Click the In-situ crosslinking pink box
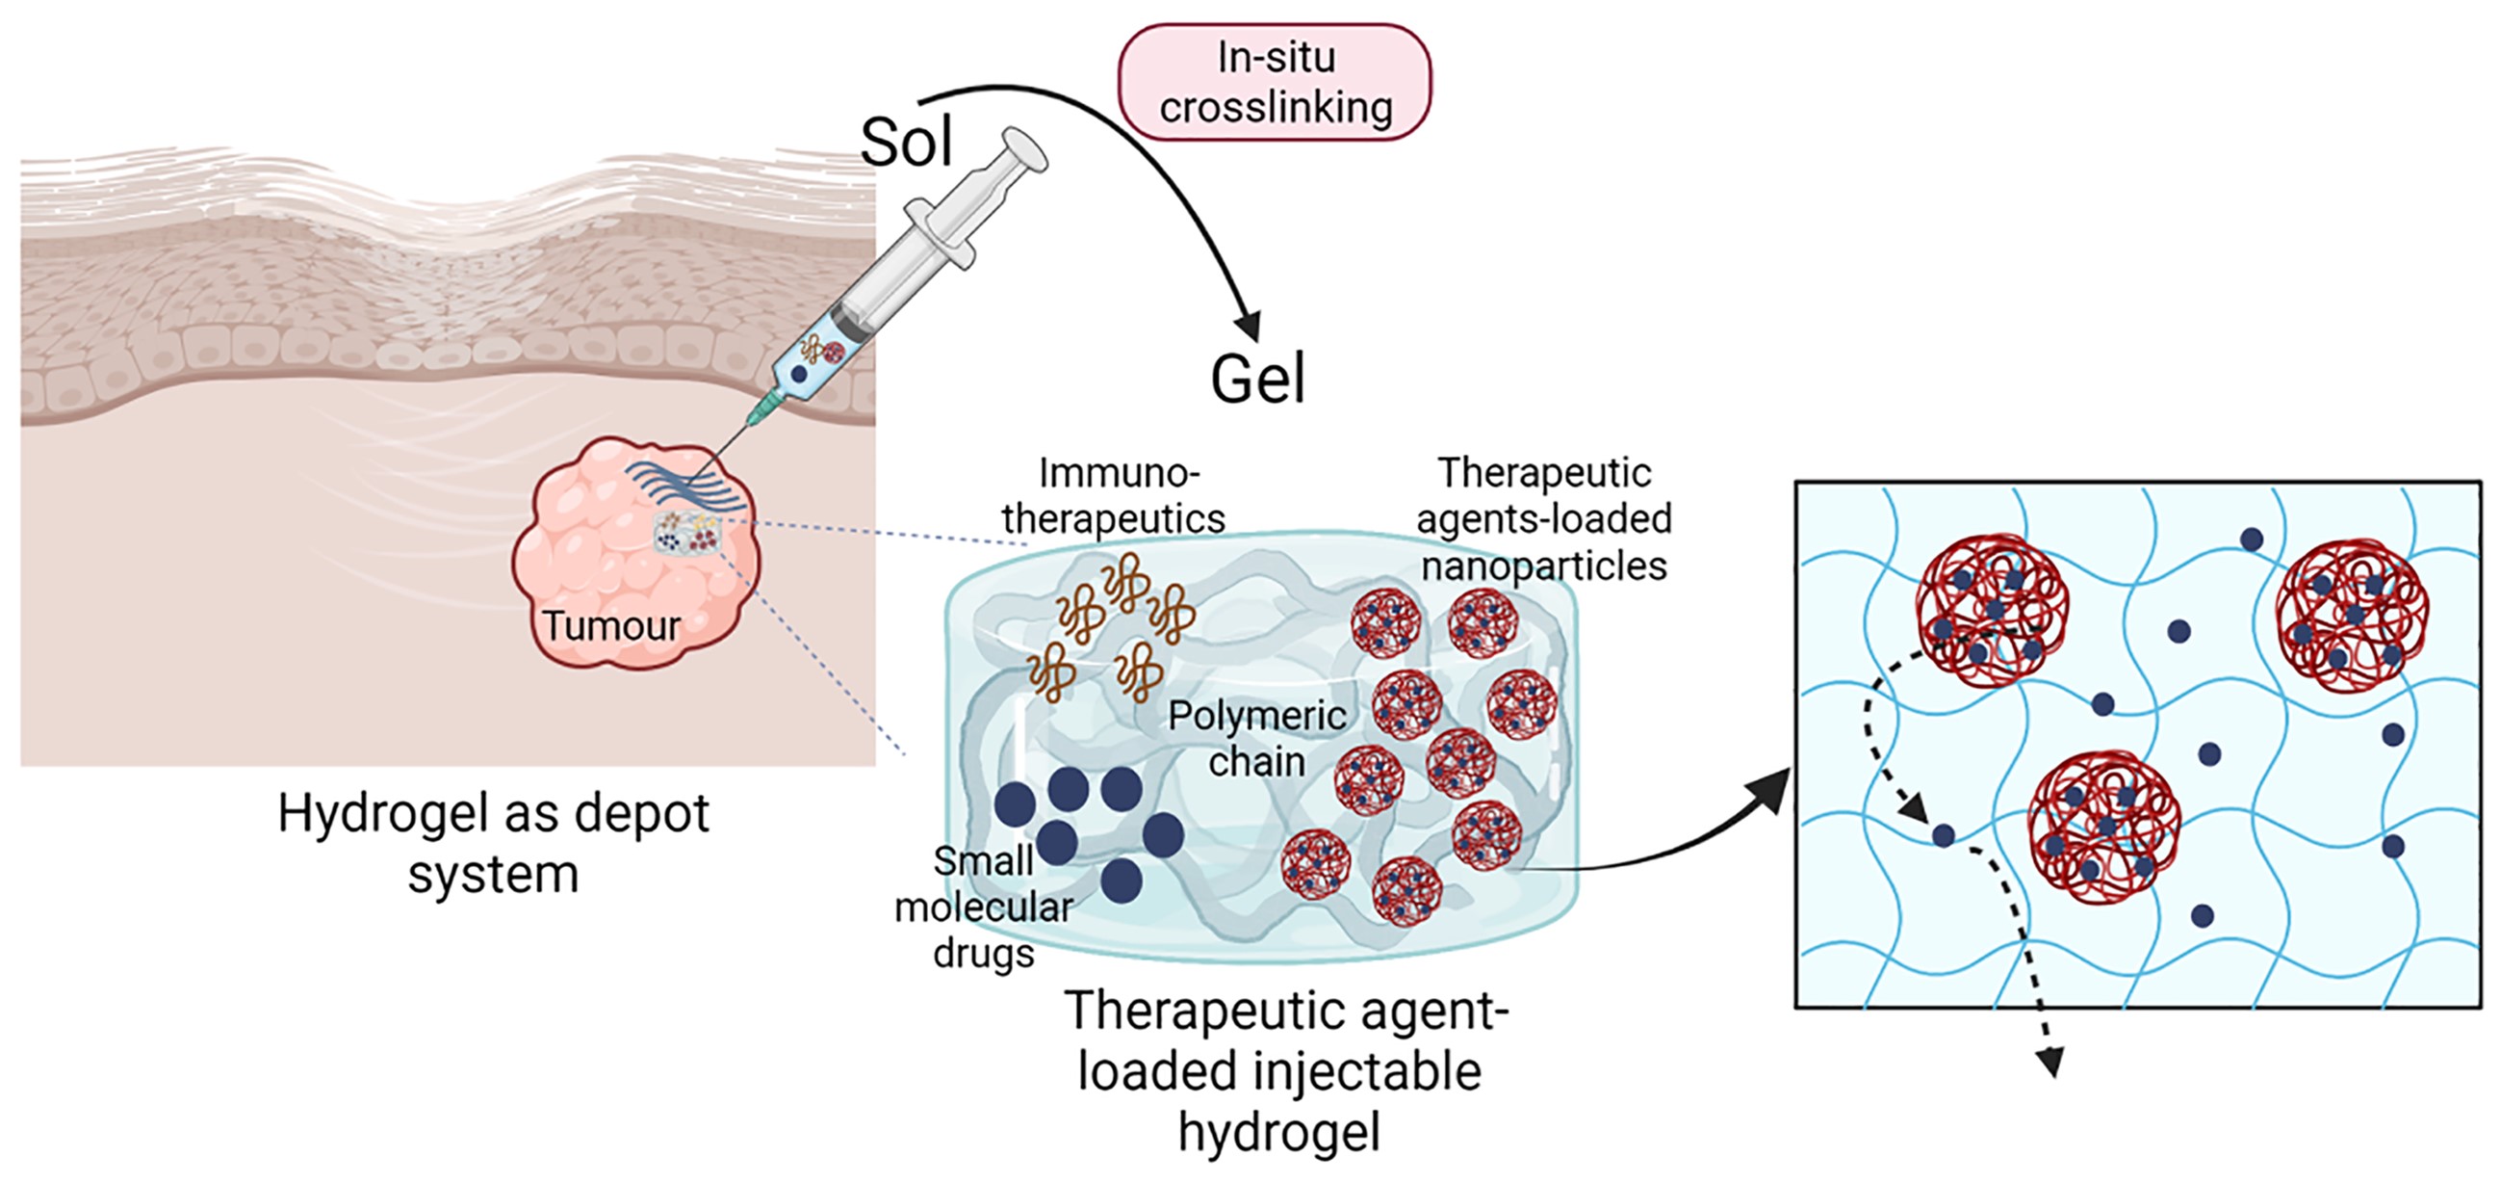point(1275,83)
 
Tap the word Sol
point(906,143)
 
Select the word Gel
point(1257,379)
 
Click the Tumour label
point(610,625)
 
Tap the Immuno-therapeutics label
point(1115,495)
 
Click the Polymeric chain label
point(1256,738)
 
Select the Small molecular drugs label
point(984,907)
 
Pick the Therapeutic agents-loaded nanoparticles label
point(1544,518)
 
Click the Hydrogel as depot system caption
point(493,843)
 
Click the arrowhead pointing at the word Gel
point(1249,327)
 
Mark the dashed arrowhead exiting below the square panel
point(2050,1063)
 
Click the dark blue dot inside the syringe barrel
point(799,373)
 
